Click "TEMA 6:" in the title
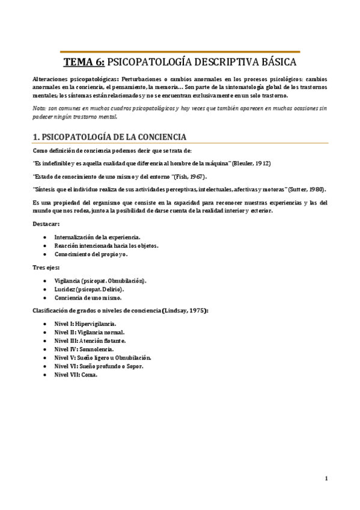point(84,62)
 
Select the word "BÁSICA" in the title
point(275,62)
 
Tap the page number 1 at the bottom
point(325,479)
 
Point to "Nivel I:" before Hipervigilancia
point(64,324)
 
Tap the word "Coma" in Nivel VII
point(89,374)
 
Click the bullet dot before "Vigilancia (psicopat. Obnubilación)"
point(46,281)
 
